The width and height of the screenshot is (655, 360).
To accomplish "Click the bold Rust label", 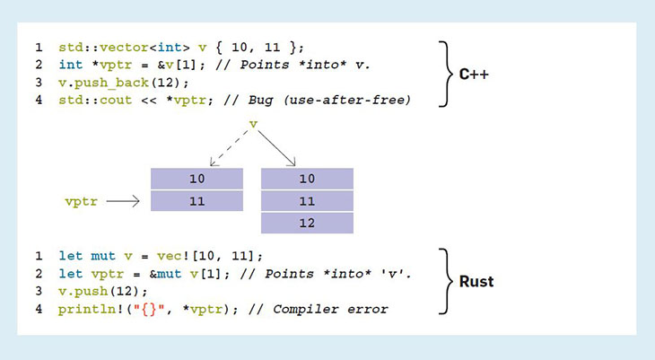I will [x=476, y=281].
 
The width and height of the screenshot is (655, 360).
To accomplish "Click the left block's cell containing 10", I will [x=196, y=179].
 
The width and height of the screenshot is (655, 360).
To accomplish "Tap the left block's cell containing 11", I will [x=196, y=201].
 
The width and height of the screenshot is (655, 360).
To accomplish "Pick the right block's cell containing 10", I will [x=307, y=179].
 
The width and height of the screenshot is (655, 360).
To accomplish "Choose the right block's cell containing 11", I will [x=307, y=201].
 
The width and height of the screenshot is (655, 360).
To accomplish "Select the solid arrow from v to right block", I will [x=275, y=146].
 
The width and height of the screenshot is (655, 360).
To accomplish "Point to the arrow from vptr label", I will [x=122, y=202].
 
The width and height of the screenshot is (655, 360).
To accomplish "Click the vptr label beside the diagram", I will [x=81, y=202].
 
